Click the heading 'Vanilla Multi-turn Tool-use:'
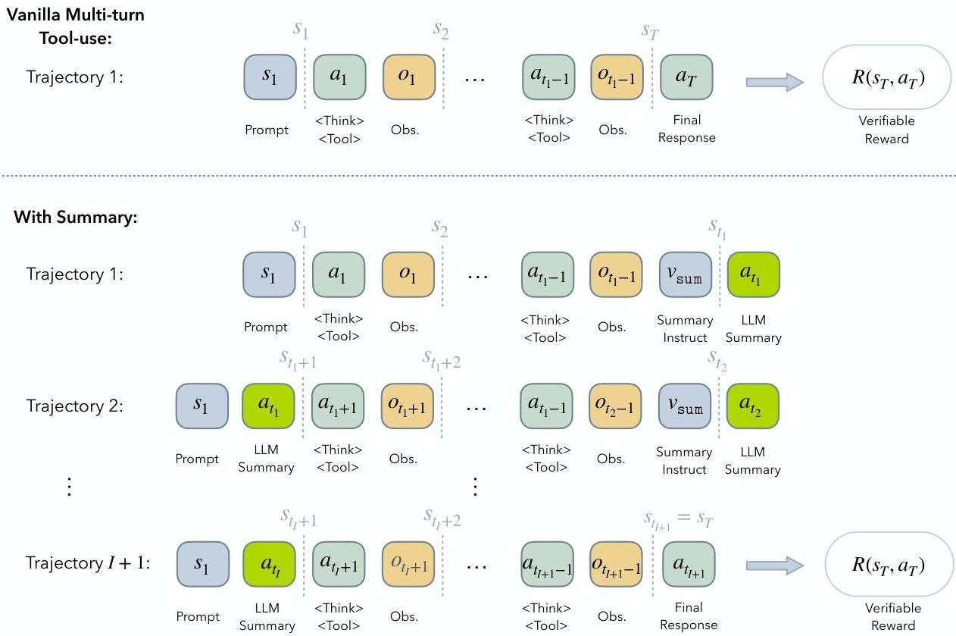[x=76, y=27]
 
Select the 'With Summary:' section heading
[x=76, y=217]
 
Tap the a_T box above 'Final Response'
[x=686, y=77]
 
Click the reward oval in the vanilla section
[x=887, y=77]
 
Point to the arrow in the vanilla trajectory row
[x=775, y=82]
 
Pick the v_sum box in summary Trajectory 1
[x=685, y=274]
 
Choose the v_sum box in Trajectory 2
[x=684, y=406]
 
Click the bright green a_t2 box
[x=752, y=406]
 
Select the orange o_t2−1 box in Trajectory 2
[x=615, y=406]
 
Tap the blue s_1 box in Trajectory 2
[x=202, y=406]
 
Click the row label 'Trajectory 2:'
[x=75, y=406]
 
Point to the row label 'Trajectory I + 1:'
[x=88, y=563]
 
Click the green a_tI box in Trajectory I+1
[x=270, y=564]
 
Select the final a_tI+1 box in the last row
[x=689, y=564]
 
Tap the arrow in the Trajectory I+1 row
[x=775, y=566]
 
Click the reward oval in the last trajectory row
[x=889, y=564]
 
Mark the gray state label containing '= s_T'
[x=678, y=521]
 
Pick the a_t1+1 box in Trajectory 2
[x=338, y=406]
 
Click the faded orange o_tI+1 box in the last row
[x=408, y=564]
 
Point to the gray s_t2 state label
[x=717, y=361]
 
